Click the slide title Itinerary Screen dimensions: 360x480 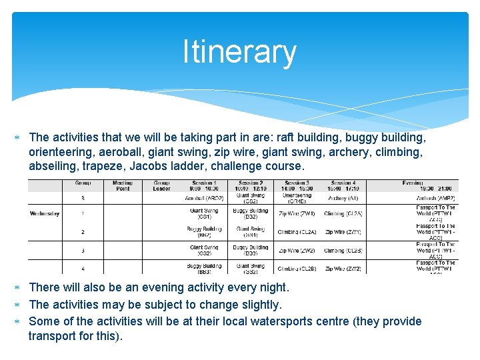239,53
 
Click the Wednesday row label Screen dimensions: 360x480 45,213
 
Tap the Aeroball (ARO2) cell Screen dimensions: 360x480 204,198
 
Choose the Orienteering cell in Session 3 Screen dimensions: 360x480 297,198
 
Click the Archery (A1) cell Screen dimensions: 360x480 343,198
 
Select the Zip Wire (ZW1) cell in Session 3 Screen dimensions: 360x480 297,213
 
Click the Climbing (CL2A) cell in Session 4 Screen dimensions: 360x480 343,213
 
